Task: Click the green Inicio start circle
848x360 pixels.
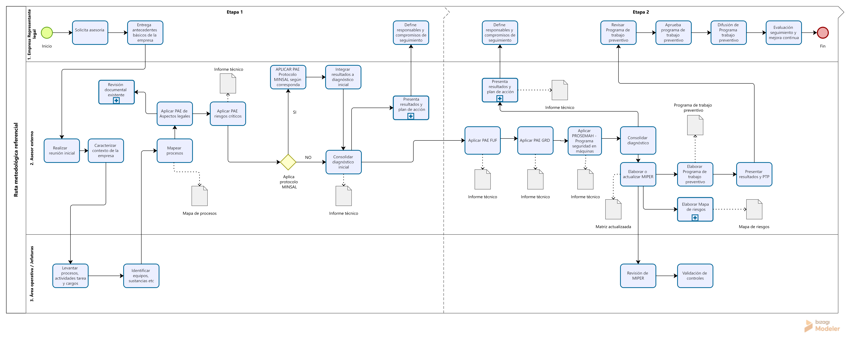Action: pyautogui.click(x=47, y=33)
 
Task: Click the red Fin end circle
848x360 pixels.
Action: pyautogui.click(x=823, y=33)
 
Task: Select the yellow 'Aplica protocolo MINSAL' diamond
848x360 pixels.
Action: pyautogui.click(x=288, y=162)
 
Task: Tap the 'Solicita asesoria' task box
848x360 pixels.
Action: pyautogui.click(x=90, y=33)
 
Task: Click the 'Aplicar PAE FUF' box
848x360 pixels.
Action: pyautogui.click(x=483, y=140)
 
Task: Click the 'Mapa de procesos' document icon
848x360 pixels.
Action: pyautogui.click(x=199, y=196)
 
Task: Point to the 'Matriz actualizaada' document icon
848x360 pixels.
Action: pyautogui.click(x=613, y=209)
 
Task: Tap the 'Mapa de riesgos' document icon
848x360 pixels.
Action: pyautogui.click(x=754, y=209)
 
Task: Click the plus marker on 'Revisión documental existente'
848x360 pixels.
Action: pyautogui.click(x=116, y=100)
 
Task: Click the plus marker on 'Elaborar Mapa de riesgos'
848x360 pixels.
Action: pyautogui.click(x=695, y=218)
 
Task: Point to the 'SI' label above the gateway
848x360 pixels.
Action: pyautogui.click(x=295, y=112)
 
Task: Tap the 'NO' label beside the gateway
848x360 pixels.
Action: pyautogui.click(x=308, y=158)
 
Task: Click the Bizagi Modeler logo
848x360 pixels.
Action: pyautogui.click(x=822, y=326)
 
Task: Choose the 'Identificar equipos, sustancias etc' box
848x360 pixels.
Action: pyautogui.click(x=141, y=276)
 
